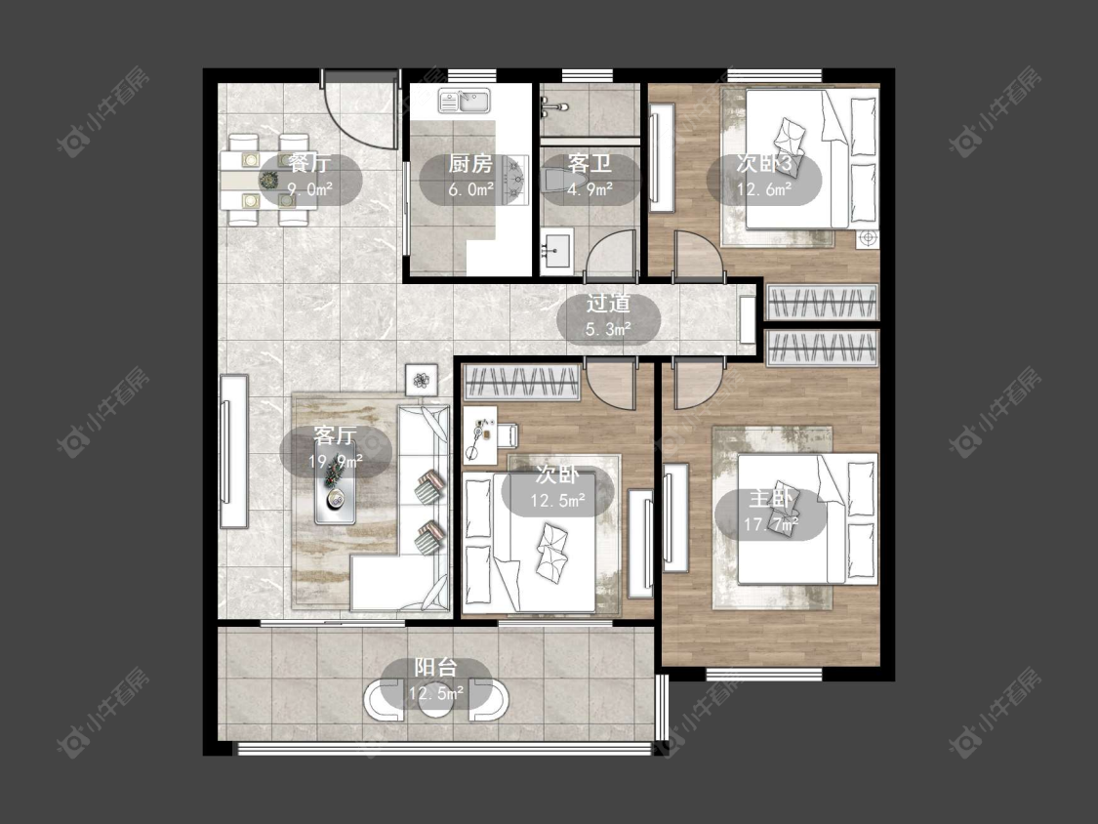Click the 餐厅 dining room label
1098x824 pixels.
pyautogui.click(x=308, y=164)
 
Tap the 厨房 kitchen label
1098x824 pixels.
pyautogui.click(x=470, y=164)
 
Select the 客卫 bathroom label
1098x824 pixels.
pyautogui.click(x=590, y=164)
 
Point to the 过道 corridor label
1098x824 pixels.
pyautogui.click(x=608, y=304)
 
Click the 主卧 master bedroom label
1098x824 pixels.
pyautogui.click(x=770, y=499)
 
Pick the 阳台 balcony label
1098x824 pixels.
pyautogui.click(x=435, y=667)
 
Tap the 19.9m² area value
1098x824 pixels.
pyautogui.click(x=336, y=462)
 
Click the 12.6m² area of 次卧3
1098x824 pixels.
pyautogui.click(x=763, y=188)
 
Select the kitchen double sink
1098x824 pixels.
pyautogui.click(x=465, y=102)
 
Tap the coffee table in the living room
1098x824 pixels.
pyautogui.click(x=336, y=483)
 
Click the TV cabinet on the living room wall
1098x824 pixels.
pyautogui.click(x=234, y=451)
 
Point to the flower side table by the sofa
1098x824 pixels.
pyautogui.click(x=421, y=380)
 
